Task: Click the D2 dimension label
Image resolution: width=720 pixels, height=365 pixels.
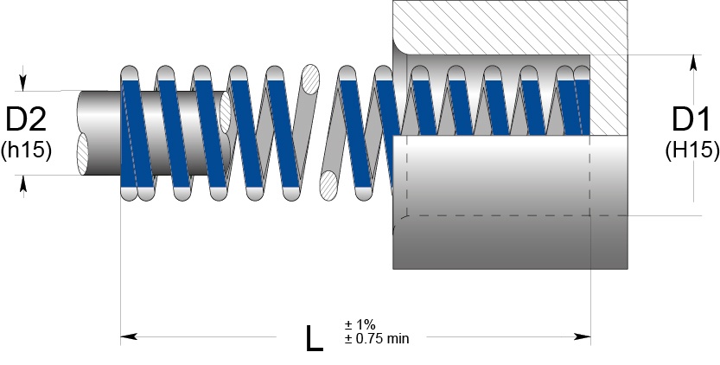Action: [x=26, y=119]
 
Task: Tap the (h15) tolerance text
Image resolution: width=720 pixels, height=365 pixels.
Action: [x=26, y=150]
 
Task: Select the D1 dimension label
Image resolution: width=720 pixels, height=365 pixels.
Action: [x=691, y=119]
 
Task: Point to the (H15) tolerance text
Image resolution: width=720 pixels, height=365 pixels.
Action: [x=692, y=150]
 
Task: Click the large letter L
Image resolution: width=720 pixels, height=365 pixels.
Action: [x=314, y=339]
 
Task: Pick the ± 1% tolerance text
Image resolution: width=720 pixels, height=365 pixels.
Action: [x=360, y=324]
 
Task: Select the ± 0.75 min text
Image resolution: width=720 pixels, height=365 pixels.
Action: [x=377, y=339]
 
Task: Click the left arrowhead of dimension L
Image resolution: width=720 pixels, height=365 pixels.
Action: [x=129, y=336]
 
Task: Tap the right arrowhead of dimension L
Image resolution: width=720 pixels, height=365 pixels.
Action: [x=582, y=336]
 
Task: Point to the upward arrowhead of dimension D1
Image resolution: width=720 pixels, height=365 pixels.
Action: [x=693, y=63]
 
